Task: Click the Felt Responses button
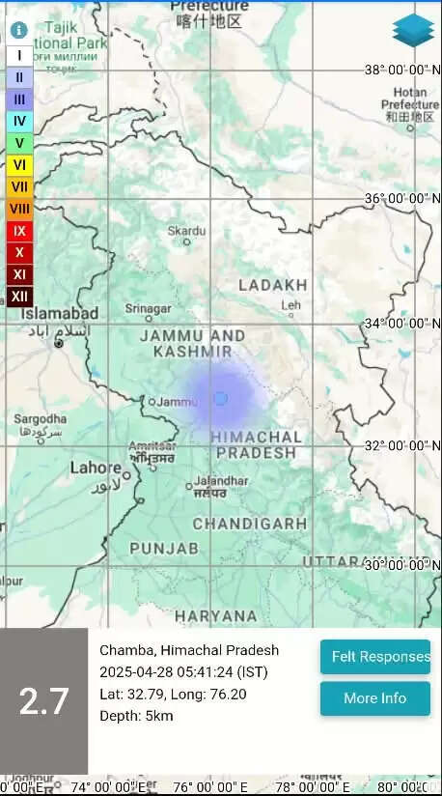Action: [375, 657]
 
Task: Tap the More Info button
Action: [375, 698]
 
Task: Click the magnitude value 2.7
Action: [43, 701]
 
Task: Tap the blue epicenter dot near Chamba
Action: [221, 398]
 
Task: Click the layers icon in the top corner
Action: [413, 31]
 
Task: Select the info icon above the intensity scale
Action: [18, 30]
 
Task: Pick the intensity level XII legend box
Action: [19, 297]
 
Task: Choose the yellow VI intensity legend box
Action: [19, 164]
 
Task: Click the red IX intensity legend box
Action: [19, 231]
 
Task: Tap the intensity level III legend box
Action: [19, 99]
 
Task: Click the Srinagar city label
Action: [148, 309]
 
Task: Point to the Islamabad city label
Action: [60, 315]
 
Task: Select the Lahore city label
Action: [96, 469]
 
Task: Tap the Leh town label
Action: [290, 305]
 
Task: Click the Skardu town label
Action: [186, 231]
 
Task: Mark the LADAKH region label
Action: [273, 285]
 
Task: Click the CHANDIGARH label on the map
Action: [250, 524]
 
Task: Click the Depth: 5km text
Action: [136, 716]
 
